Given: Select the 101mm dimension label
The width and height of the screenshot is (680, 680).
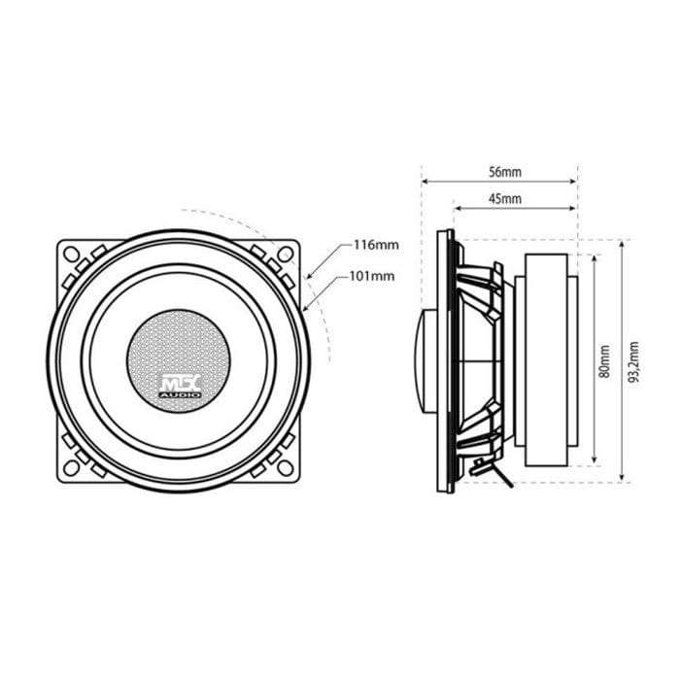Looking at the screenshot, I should [371, 276].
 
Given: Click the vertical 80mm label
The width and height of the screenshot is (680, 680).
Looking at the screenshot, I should [604, 360].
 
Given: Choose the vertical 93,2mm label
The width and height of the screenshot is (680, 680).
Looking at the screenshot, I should [633, 361].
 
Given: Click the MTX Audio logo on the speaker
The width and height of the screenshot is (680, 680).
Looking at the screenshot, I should [180, 387].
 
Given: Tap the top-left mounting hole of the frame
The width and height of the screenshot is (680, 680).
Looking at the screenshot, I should [72, 255].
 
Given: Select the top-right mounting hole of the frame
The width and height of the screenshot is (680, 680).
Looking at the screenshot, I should [285, 255].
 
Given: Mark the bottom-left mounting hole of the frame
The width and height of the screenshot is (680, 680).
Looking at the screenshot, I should [72, 467].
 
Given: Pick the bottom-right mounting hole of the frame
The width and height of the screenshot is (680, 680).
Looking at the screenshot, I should [285, 467].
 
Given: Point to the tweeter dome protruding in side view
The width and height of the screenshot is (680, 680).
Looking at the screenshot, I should [428, 360].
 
